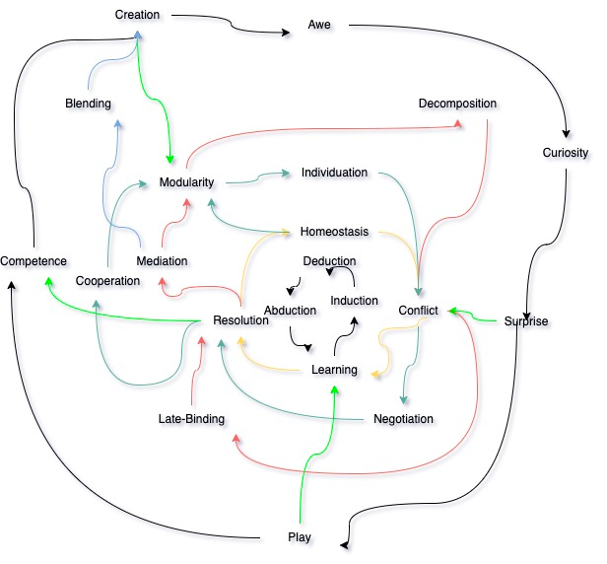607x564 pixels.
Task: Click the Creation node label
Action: pyautogui.click(x=137, y=15)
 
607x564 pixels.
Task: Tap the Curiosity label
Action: pyautogui.click(x=566, y=153)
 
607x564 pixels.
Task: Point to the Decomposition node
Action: pyautogui.click(x=457, y=104)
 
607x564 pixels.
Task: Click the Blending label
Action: pyautogui.click(x=88, y=104)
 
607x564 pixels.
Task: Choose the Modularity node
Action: pyautogui.click(x=186, y=182)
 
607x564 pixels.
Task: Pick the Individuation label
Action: pyautogui.click(x=334, y=173)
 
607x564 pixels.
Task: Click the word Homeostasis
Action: pyautogui.click(x=334, y=232)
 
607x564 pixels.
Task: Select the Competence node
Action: pyautogui.click(x=34, y=261)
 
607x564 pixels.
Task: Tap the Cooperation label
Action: pyautogui.click(x=107, y=281)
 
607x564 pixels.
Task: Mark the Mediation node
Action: pyautogui.click(x=162, y=261)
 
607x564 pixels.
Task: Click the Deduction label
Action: pyautogui.click(x=329, y=261)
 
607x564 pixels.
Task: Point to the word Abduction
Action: pyautogui.click(x=290, y=311)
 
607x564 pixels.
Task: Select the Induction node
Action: pyautogui.click(x=354, y=301)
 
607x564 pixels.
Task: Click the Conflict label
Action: pyautogui.click(x=418, y=311)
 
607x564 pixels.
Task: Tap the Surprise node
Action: pyautogui.click(x=526, y=320)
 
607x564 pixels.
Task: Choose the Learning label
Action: pyautogui.click(x=334, y=370)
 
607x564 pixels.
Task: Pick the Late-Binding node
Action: pyautogui.click(x=191, y=419)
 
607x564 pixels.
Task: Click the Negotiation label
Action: pyautogui.click(x=403, y=419)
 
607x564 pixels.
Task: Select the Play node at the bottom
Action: pyautogui.click(x=300, y=537)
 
